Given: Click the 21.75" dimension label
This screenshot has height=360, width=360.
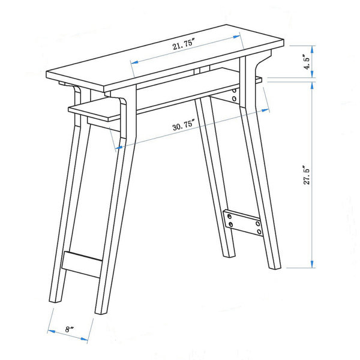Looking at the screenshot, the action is (184, 44).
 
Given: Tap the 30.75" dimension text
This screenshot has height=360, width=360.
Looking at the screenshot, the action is (184, 125).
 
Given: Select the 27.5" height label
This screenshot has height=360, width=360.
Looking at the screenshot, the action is (307, 175).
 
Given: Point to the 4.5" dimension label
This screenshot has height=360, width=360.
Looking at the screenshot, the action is (307, 62).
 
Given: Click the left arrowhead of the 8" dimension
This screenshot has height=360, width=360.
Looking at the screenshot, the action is (52, 331).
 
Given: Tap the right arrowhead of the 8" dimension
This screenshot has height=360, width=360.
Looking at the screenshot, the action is (84, 338).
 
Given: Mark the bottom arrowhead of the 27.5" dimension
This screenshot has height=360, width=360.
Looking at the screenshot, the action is (312, 264).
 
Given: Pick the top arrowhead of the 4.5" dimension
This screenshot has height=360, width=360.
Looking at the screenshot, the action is (312, 50).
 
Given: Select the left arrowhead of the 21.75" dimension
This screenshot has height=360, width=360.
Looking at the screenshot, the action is (134, 62).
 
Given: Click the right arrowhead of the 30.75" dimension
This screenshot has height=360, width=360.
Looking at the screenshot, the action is (265, 110).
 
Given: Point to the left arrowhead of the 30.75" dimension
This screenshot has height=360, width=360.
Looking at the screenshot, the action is (119, 148).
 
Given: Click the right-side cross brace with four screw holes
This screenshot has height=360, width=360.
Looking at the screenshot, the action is (244, 222).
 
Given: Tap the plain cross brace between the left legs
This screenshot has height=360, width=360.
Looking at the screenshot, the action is (82, 265).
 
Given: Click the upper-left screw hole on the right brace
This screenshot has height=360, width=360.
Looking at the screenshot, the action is (229, 216).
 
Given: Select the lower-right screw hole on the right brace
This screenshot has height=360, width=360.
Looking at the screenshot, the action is (259, 232).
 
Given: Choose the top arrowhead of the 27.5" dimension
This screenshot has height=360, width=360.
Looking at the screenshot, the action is (312, 85).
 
